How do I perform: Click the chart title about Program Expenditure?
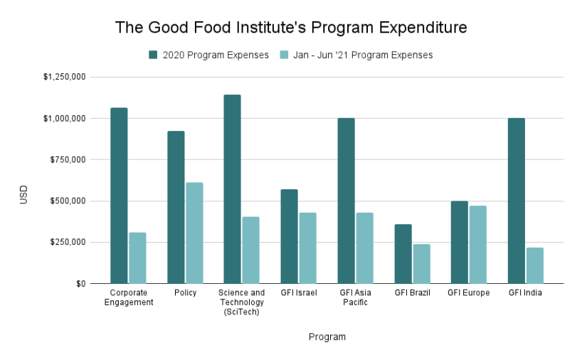pos(291,28)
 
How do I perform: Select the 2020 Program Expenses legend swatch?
pos(153,55)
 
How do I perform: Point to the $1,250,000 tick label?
pos(64,77)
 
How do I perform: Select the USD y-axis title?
pos(23,195)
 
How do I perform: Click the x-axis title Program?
pos(327,337)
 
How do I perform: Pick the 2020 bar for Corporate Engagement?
pos(119,196)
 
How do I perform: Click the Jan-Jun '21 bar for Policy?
pos(194,233)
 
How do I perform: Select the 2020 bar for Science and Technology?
pos(232,189)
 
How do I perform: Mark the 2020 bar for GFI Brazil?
pos(403,254)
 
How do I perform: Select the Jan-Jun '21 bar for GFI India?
pos(535,265)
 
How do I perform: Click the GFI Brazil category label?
pos(412,292)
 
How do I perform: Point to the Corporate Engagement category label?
pos(128,297)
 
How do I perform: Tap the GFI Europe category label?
pos(469,292)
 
